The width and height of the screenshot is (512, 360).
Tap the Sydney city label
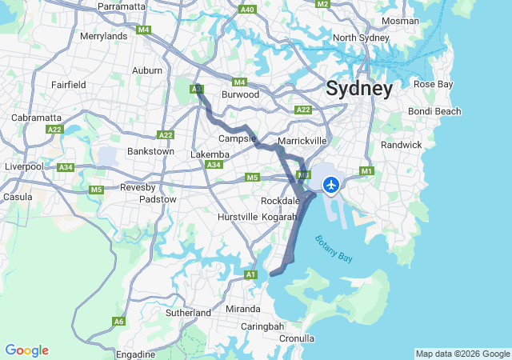[x=359, y=89]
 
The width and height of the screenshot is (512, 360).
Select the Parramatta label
[x=122, y=6]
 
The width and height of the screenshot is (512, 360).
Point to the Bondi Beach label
[x=434, y=111]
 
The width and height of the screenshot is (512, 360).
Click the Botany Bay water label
[x=333, y=248]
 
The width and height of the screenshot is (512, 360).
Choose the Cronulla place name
[x=297, y=338]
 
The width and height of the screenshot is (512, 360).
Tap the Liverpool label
[x=23, y=166]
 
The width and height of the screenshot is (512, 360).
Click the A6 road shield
[x=118, y=322]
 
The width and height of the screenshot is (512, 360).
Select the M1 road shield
[x=367, y=171]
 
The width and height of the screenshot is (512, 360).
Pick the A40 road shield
[x=247, y=10]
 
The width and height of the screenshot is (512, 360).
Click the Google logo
[x=26, y=350]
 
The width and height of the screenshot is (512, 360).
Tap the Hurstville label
[x=238, y=217]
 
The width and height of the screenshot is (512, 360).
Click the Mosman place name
[x=400, y=21]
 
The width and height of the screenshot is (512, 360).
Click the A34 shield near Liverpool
[x=66, y=167]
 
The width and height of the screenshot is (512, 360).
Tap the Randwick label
[x=401, y=145]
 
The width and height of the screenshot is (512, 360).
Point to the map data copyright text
[x=462, y=354]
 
